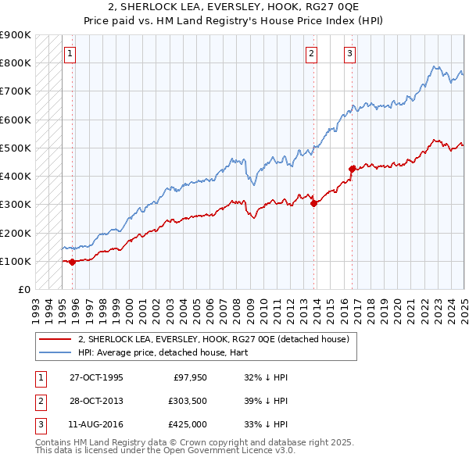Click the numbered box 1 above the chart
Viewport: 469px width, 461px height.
pyautogui.click(x=70, y=54)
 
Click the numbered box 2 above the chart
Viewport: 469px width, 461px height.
pyautogui.click(x=311, y=54)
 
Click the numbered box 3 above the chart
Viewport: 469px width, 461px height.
pyautogui.click(x=349, y=54)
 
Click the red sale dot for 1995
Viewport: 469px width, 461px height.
pyautogui.click(x=72, y=263)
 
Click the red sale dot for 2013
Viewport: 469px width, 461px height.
pyautogui.click(x=314, y=203)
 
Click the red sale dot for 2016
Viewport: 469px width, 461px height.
pyautogui.click(x=352, y=168)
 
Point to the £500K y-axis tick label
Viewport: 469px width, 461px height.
pyautogui.click(x=15, y=148)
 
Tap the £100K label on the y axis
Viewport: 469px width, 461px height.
pyautogui.click(x=15, y=261)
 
